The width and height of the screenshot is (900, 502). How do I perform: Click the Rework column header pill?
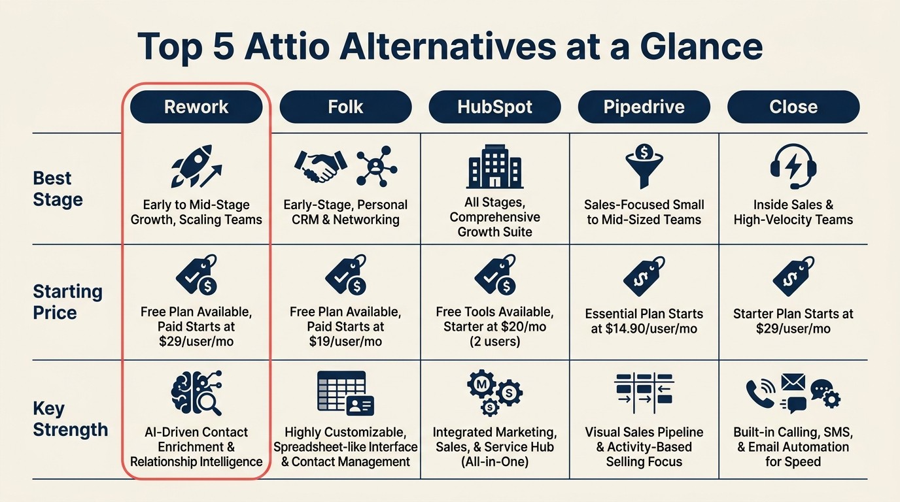[x=196, y=107]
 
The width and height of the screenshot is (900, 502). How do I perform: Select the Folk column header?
[x=345, y=107]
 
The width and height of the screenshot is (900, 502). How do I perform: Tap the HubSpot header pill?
[x=494, y=107]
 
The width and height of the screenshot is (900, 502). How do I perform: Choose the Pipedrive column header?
[x=644, y=107]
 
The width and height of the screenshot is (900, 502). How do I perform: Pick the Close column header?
[x=793, y=107]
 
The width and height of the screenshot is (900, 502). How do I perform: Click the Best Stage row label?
[x=58, y=189]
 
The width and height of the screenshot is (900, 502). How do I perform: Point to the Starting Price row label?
[x=67, y=302]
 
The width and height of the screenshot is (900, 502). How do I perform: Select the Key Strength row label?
[x=70, y=420]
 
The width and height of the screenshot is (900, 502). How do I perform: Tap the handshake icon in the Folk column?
[x=321, y=166]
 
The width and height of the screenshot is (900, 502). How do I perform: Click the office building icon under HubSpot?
[x=495, y=167]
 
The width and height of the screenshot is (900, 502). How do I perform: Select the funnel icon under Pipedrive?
[x=644, y=166]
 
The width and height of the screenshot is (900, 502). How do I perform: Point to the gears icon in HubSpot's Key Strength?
[x=494, y=392]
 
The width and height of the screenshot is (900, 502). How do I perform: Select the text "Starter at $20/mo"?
[x=494, y=327]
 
